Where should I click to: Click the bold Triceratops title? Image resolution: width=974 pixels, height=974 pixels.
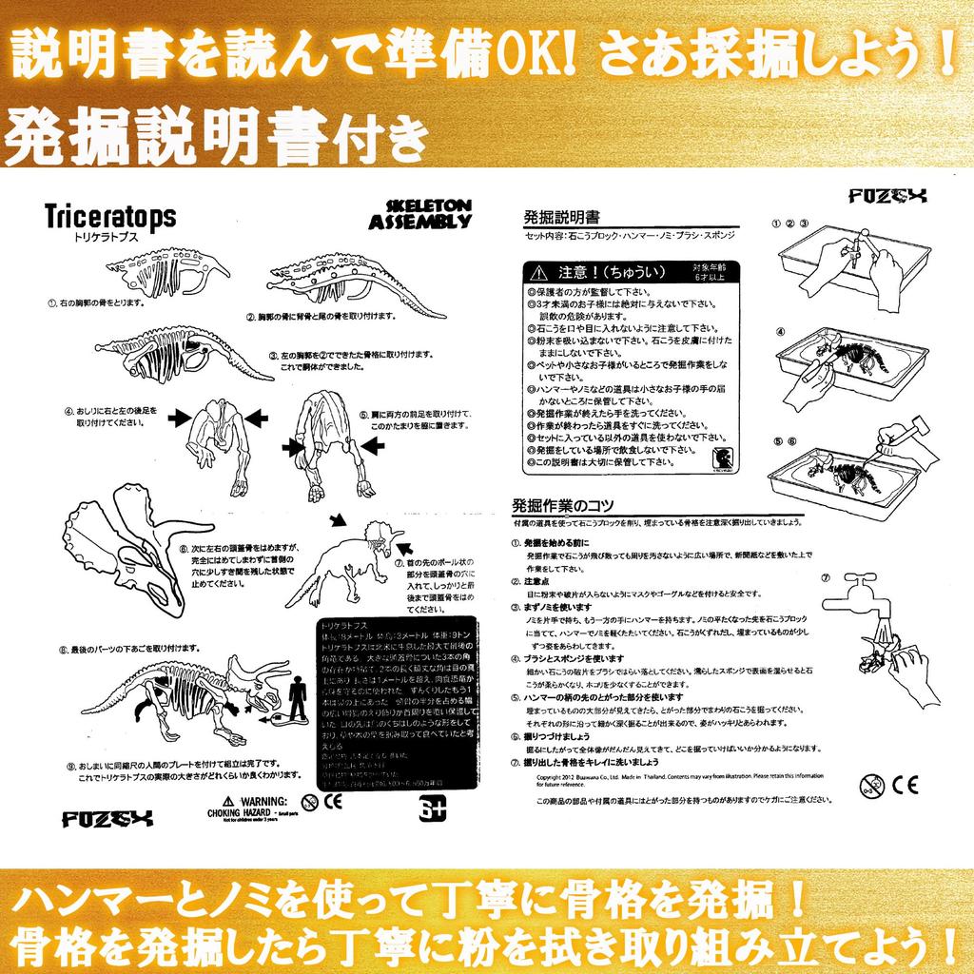(x=109, y=218)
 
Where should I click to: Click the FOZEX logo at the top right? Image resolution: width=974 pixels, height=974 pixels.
(x=888, y=197)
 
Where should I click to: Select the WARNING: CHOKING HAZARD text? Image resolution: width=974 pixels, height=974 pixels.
(x=247, y=808)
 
